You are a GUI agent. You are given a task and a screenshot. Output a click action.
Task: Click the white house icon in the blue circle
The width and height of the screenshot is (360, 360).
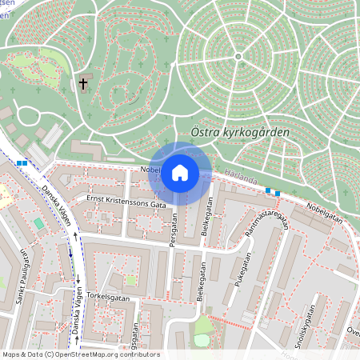(179, 173)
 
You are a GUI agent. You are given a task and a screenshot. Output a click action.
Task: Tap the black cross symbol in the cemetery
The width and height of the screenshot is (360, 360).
(83, 83)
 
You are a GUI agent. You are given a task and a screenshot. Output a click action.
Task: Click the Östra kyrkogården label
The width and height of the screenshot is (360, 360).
(241, 131)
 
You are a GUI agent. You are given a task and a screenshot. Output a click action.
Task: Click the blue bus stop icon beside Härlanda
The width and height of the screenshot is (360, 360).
(273, 191)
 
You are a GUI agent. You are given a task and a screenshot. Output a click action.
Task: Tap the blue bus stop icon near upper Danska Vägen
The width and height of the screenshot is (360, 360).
(22, 162)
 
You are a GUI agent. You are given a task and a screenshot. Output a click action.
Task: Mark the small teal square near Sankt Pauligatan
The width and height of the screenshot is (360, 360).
(38, 222)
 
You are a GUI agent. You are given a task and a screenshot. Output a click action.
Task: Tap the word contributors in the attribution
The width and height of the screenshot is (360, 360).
(140, 354)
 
